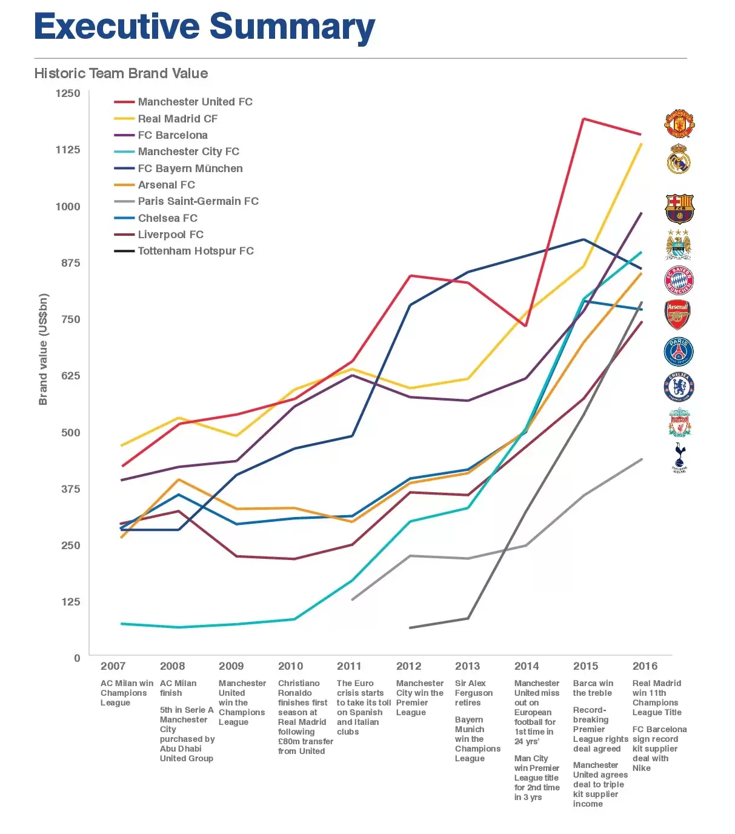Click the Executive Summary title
pyautogui.click(x=204, y=27)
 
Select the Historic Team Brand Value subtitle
pyautogui.click(x=121, y=73)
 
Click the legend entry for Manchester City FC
pyautogui.click(x=188, y=152)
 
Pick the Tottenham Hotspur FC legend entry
pyautogui.click(x=195, y=251)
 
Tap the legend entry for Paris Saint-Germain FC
pyautogui.click(x=198, y=201)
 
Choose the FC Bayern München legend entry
pyautogui.click(x=190, y=168)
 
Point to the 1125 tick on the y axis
pyautogui.click(x=68, y=150)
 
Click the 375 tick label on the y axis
pyautogui.click(x=70, y=489)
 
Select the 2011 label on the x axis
pyautogui.click(x=349, y=666)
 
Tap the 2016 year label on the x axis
pyautogui.click(x=645, y=666)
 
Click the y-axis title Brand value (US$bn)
pyautogui.click(x=43, y=349)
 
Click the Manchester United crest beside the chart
pyautogui.click(x=679, y=124)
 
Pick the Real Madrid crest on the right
pyautogui.click(x=679, y=159)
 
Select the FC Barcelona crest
pyautogui.click(x=679, y=209)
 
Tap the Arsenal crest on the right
pyautogui.click(x=678, y=315)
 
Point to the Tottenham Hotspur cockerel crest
pyautogui.click(x=679, y=457)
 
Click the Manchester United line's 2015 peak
pyautogui.click(x=583, y=119)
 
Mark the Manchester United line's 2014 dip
pyautogui.click(x=525, y=326)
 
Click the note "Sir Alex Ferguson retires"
pyautogui.click(x=473, y=693)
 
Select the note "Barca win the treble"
pyautogui.click(x=593, y=688)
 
